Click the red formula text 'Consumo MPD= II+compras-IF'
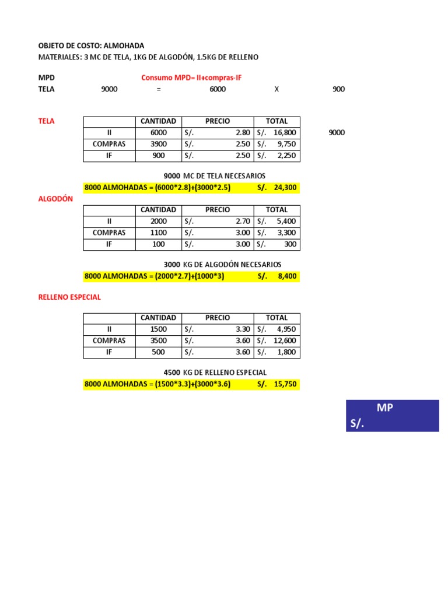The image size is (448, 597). pos(191,78)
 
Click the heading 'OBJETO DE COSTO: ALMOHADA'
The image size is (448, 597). pos(90,45)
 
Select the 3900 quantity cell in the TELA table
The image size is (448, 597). pos(158,144)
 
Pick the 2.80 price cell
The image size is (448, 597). pos(243,132)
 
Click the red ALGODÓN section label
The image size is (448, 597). pos(55,199)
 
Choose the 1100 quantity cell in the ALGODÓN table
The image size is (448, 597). pos(158,233)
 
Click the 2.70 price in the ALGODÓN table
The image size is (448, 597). pos(243,221)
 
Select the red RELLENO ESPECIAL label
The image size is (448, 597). pos(69,297)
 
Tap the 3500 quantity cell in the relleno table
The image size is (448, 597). pos(158,340)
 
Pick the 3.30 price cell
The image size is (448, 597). pos(243,329)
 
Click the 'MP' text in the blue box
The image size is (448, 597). pos(384,408)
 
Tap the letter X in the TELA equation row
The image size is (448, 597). pos(277,89)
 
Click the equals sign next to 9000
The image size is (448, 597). pos(158,89)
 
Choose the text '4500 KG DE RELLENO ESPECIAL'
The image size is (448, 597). pos(215,373)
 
